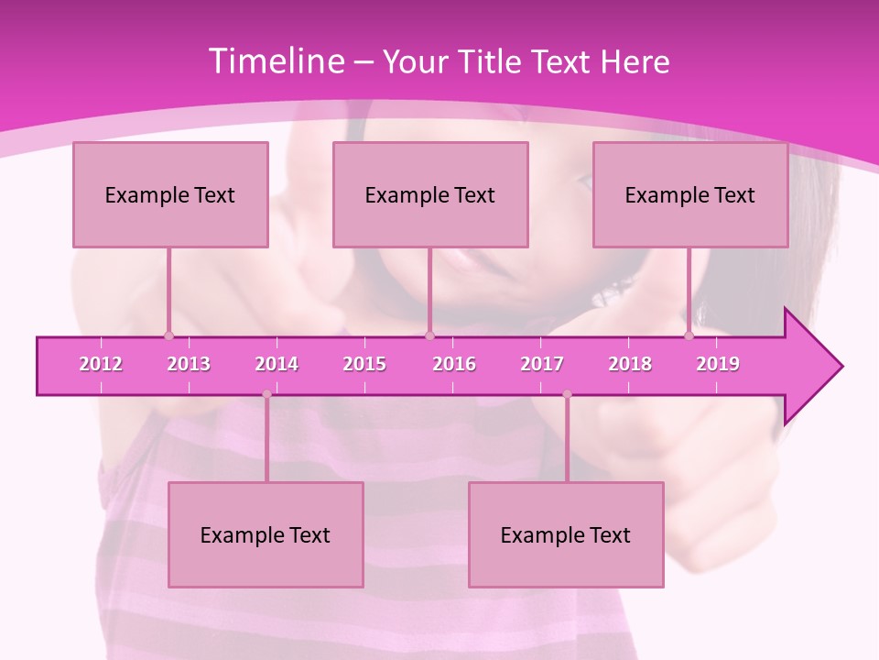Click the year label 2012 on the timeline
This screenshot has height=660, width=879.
(x=101, y=364)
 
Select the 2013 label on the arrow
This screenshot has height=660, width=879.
(x=189, y=364)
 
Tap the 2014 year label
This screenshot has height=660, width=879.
(x=277, y=364)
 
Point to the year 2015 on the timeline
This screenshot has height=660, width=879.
(x=364, y=364)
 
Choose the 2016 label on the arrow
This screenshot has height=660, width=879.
(x=454, y=364)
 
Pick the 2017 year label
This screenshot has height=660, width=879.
(x=542, y=364)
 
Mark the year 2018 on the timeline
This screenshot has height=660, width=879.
(x=630, y=364)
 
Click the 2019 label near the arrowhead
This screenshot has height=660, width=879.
(x=718, y=364)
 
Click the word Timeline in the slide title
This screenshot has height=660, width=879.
(x=275, y=61)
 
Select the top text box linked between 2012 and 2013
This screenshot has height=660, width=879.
(x=170, y=194)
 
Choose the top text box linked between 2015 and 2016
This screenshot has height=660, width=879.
(x=430, y=194)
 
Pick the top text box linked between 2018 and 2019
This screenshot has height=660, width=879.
(x=690, y=194)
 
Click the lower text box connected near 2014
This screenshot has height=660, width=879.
(x=266, y=534)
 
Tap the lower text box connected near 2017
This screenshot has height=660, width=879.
(x=566, y=534)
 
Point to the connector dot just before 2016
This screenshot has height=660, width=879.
(x=429, y=335)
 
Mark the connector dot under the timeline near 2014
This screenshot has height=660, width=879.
(x=266, y=394)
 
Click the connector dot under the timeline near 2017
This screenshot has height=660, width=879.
(x=567, y=394)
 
